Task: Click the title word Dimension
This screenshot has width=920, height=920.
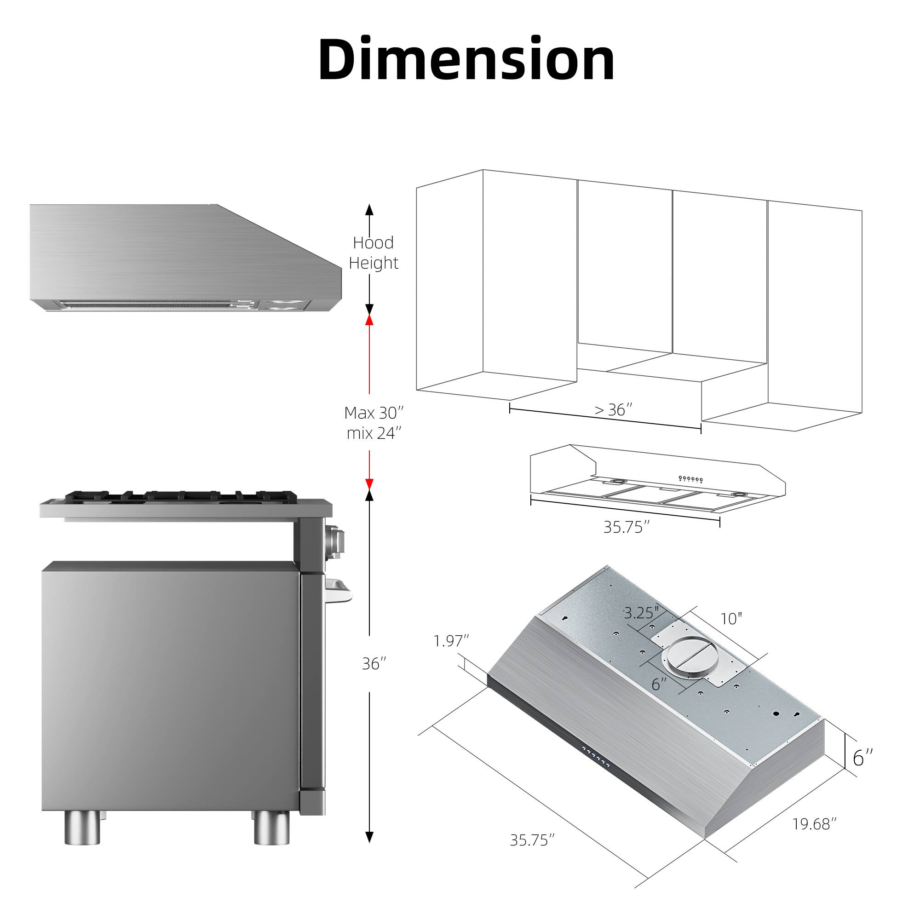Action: (466, 59)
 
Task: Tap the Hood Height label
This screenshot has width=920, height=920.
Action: (374, 253)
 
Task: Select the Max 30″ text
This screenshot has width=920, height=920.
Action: (374, 413)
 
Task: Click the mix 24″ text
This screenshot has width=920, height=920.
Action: (374, 433)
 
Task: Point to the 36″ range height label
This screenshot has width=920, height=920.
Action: (374, 664)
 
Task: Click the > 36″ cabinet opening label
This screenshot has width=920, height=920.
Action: (613, 409)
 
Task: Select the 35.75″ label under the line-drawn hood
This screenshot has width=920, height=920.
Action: (626, 527)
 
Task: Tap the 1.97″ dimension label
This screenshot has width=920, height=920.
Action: (451, 641)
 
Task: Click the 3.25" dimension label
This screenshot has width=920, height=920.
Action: (641, 613)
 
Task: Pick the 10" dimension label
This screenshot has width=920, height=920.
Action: (731, 619)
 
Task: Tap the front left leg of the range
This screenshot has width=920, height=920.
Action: (82, 827)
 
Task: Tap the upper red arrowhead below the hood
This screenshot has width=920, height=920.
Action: (369, 320)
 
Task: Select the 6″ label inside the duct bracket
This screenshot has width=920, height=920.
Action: (659, 685)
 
